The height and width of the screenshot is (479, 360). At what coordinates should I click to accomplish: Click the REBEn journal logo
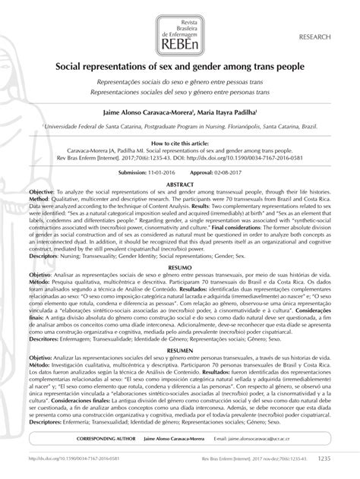(179, 27)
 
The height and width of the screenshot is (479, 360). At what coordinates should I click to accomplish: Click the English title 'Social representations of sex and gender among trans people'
(180, 67)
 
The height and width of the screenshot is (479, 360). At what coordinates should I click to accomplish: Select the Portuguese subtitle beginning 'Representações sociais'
(180, 80)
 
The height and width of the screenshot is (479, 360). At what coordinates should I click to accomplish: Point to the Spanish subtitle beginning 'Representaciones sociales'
(180, 90)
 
